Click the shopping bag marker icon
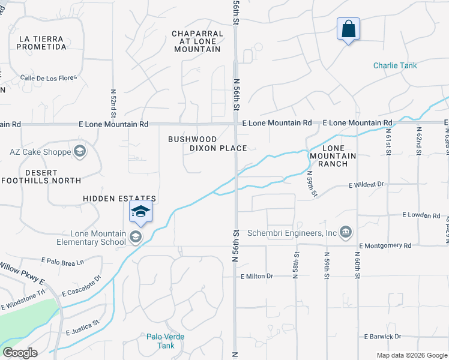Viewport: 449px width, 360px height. [x=348, y=28]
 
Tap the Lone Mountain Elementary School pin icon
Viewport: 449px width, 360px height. [x=140, y=212]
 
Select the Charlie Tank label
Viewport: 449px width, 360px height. [x=394, y=65]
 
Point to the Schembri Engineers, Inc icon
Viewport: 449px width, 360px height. [x=346, y=232]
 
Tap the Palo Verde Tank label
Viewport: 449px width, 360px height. [x=166, y=341]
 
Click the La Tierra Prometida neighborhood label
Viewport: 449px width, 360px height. [x=42, y=43]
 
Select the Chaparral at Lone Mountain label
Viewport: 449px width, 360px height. [x=196, y=41]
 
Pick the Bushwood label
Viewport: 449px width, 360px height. [x=192, y=139]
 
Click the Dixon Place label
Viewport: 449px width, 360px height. [x=218, y=148]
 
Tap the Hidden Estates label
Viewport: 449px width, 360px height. [x=119, y=199]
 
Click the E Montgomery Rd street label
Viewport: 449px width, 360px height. [x=385, y=245]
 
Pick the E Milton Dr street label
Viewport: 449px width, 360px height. [x=257, y=276]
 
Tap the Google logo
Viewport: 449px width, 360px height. [x=20, y=353]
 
